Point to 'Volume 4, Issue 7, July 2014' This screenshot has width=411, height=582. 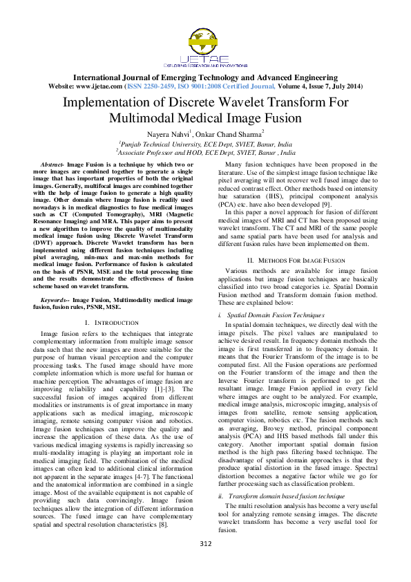click(x=320, y=86)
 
